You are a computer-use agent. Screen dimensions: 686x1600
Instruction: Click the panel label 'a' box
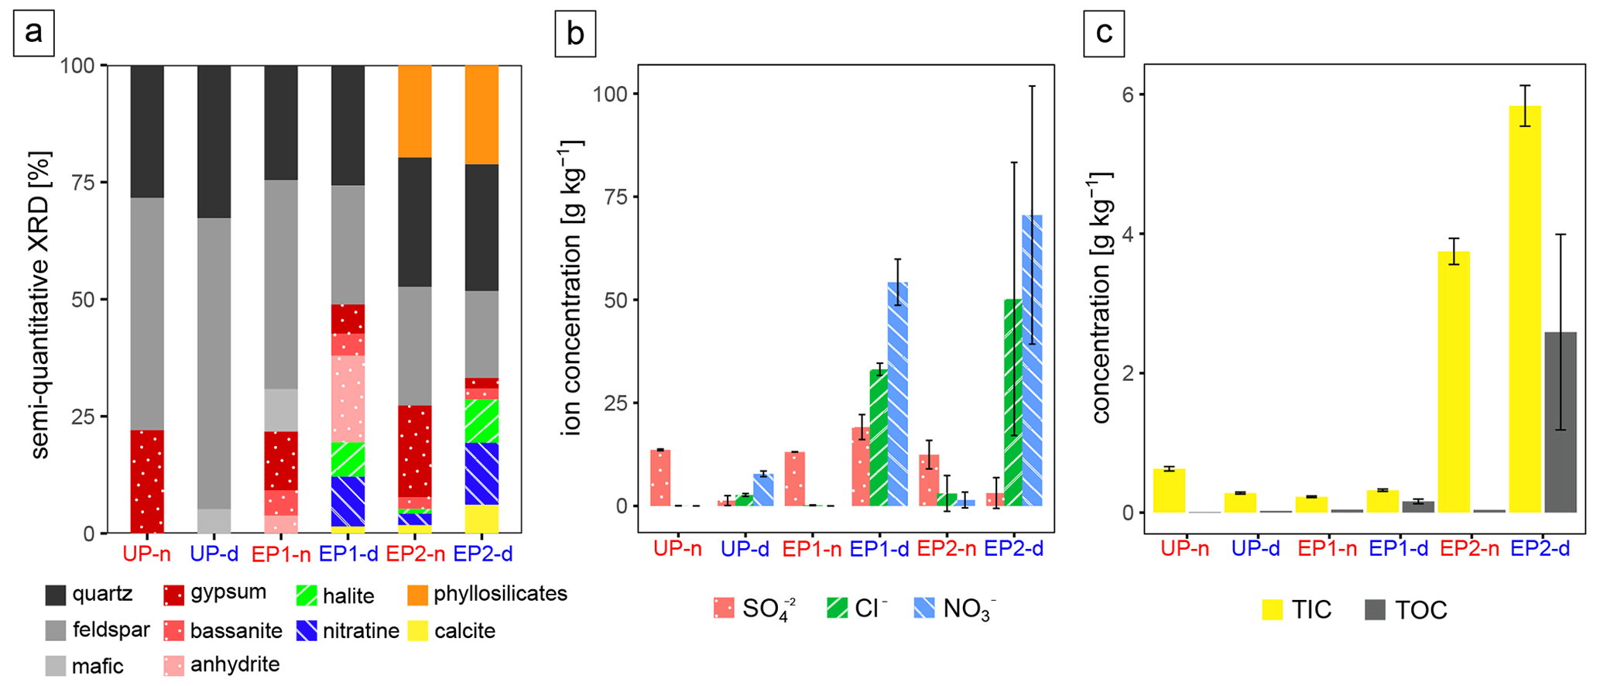point(33,34)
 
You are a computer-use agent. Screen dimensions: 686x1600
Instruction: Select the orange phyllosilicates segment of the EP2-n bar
point(414,111)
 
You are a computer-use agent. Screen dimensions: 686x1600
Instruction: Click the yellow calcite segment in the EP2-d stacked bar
point(481,519)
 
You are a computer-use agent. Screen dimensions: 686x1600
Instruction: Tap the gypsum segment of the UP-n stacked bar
point(146,481)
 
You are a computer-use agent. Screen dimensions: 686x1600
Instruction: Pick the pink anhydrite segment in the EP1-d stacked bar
point(348,399)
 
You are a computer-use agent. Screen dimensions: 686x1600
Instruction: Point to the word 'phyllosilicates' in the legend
point(500,594)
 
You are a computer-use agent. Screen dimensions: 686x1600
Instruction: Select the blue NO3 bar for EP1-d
point(897,394)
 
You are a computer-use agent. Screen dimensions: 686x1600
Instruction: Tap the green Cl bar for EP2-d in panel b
point(1013,403)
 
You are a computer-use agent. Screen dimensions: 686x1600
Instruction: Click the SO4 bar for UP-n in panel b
point(660,478)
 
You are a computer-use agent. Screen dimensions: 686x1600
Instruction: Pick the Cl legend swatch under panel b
point(837,609)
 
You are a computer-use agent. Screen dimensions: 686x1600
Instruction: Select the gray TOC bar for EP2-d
point(1560,422)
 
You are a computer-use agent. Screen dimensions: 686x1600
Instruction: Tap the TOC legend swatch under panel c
point(1375,610)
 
